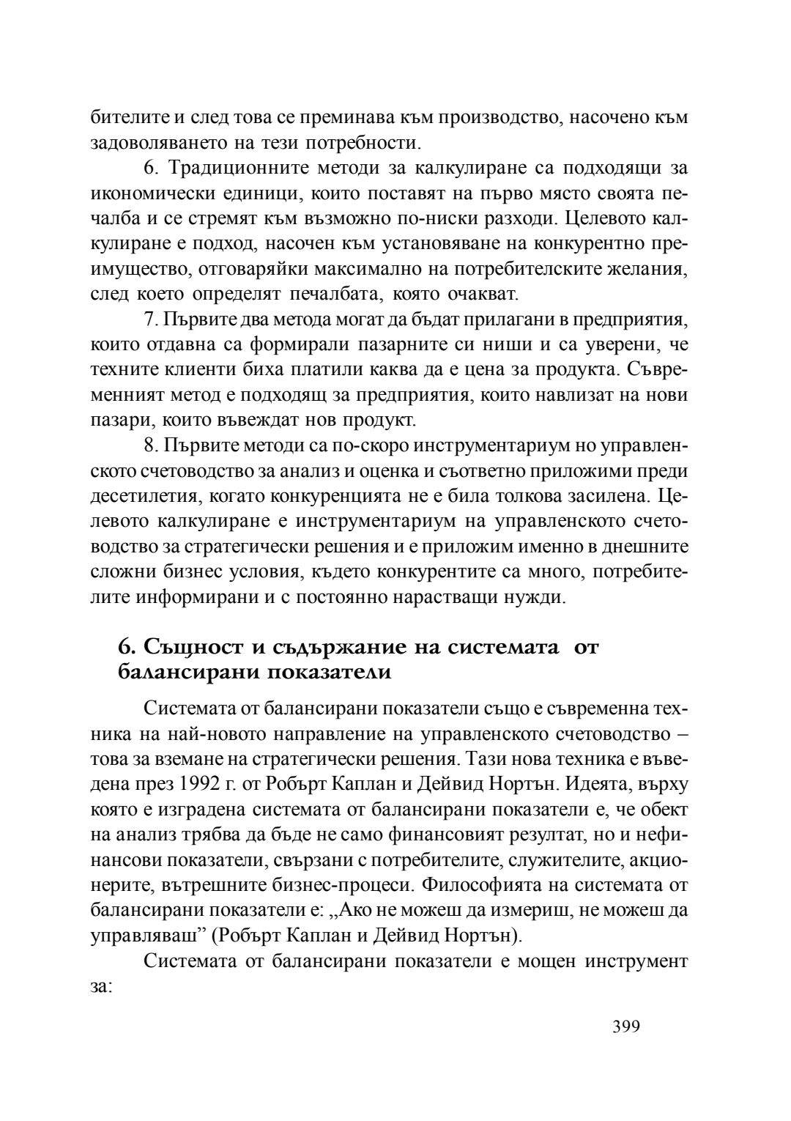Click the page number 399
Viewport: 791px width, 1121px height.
point(626,1026)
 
